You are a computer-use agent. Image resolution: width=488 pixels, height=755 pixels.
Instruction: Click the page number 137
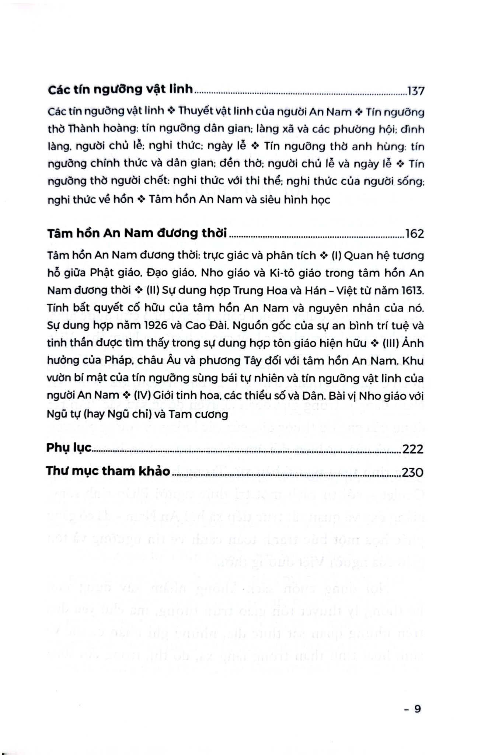[x=416, y=91]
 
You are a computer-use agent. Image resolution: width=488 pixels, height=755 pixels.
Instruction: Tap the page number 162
[x=415, y=234]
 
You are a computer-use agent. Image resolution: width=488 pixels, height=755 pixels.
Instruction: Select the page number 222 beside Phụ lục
[x=413, y=449]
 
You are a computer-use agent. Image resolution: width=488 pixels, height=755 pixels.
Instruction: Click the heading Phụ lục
[x=69, y=448]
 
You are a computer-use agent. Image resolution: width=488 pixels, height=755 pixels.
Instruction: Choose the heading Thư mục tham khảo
[x=108, y=471]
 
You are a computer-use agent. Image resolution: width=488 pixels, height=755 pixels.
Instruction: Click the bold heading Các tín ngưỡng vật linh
[x=121, y=90]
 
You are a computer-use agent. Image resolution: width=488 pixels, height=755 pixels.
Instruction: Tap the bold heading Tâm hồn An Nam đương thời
[x=137, y=233]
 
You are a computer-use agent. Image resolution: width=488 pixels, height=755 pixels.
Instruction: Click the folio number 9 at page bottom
[x=417, y=709]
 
